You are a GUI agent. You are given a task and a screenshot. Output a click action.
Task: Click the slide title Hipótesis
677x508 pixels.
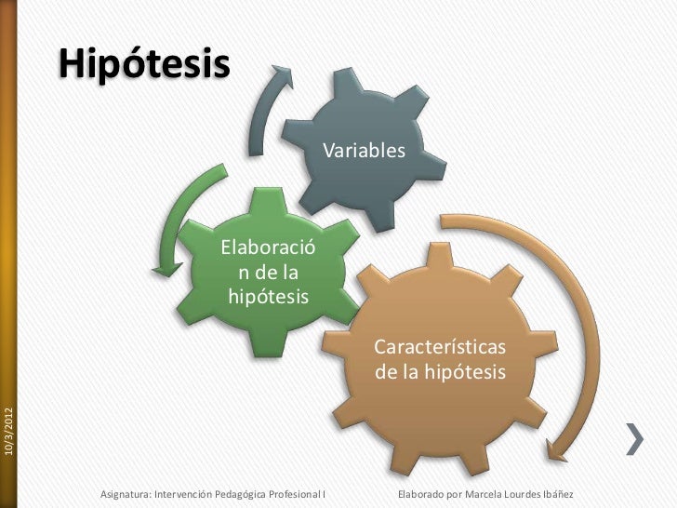[144, 64]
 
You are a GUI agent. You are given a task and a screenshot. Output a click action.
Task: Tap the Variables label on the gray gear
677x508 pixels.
[365, 151]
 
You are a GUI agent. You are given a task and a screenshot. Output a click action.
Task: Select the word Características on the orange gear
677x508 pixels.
[440, 347]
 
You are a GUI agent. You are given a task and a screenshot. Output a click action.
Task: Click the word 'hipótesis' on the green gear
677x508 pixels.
[268, 297]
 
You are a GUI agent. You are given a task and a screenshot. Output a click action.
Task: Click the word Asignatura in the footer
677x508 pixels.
[125, 492]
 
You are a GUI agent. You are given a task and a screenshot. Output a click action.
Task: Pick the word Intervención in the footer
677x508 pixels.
[182, 492]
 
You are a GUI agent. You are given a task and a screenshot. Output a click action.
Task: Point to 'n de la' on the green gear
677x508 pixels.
[268, 274]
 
